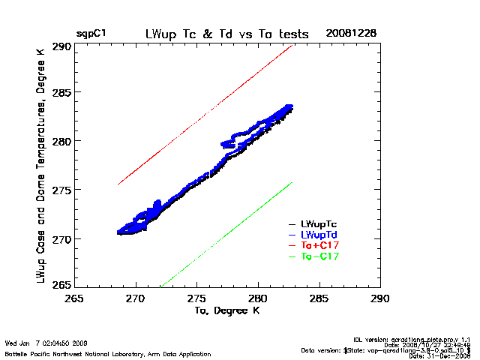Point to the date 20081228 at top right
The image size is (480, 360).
[x=351, y=34]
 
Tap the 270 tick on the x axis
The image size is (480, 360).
[x=136, y=297]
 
